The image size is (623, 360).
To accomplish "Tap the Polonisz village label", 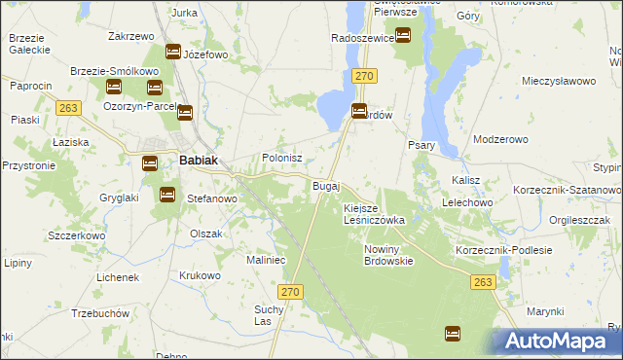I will [282, 158].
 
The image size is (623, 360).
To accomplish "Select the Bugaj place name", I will [325, 185].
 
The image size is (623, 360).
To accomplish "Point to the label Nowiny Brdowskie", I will [389, 255].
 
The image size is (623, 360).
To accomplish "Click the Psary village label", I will [421, 145].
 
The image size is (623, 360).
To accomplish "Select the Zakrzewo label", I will [132, 36].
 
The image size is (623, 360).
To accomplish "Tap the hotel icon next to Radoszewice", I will [402, 36].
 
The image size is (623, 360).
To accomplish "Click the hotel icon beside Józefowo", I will [173, 52].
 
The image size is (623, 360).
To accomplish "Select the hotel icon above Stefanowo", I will [166, 195].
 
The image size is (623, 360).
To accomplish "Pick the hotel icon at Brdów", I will [358, 112].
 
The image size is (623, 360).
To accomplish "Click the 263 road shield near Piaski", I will [68, 108].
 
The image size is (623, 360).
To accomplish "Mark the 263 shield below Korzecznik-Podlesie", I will [483, 282].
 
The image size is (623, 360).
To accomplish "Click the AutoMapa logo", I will [558, 341].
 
